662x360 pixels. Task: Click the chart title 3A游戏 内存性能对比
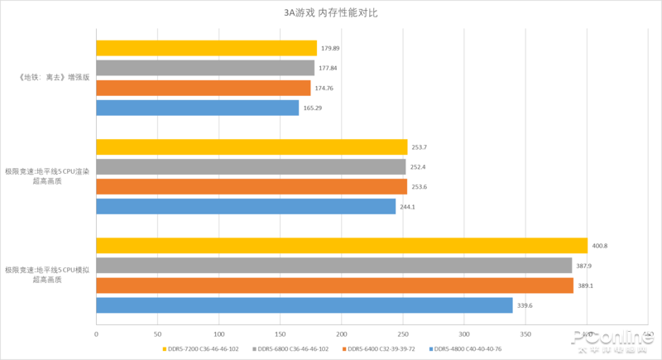coord(330,13)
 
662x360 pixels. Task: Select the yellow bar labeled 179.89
coord(206,48)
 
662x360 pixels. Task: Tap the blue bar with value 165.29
coord(197,108)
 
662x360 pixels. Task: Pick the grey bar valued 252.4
coord(251,167)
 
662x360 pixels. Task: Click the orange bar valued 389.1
coord(334,286)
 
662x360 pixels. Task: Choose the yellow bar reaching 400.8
coord(341,246)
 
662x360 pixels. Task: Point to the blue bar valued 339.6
coord(304,305)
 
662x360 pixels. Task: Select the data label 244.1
coord(407,207)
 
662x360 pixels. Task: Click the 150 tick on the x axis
coord(280,334)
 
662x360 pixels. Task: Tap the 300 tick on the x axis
coord(464,334)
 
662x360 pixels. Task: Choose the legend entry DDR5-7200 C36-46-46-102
coord(200,349)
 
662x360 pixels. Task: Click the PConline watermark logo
coord(611,339)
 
